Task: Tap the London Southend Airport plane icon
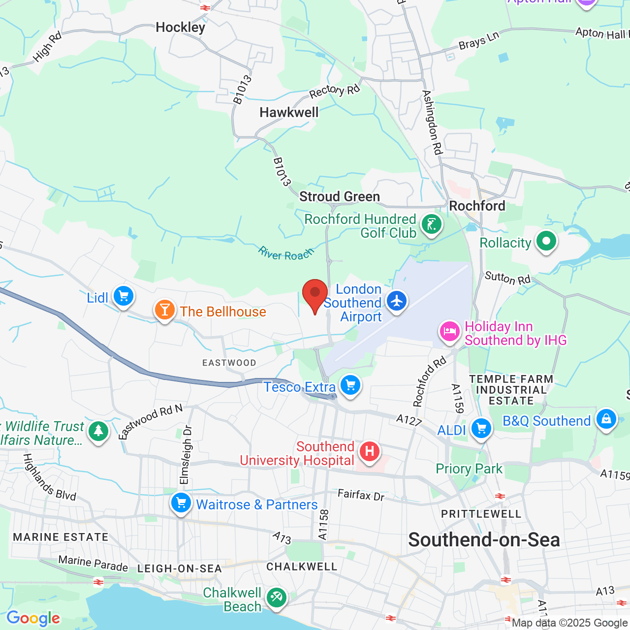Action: [x=397, y=301]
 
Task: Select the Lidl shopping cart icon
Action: [x=123, y=296]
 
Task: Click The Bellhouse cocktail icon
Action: [x=164, y=310]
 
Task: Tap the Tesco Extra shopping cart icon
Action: [x=350, y=385]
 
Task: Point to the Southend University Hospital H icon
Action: [x=369, y=451]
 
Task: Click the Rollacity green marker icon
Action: [x=546, y=241]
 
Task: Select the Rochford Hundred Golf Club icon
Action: [x=432, y=224]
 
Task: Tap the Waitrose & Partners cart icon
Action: [x=181, y=503]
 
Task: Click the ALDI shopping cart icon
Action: [x=481, y=428]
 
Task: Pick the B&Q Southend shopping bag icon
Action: [x=606, y=419]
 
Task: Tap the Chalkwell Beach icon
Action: [x=276, y=598]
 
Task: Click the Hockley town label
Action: [x=180, y=27]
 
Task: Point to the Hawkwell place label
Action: [x=289, y=112]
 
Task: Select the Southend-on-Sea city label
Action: [x=484, y=540]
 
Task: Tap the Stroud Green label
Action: [x=340, y=196]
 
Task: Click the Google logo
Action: [x=33, y=618]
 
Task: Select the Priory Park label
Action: [x=469, y=469]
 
